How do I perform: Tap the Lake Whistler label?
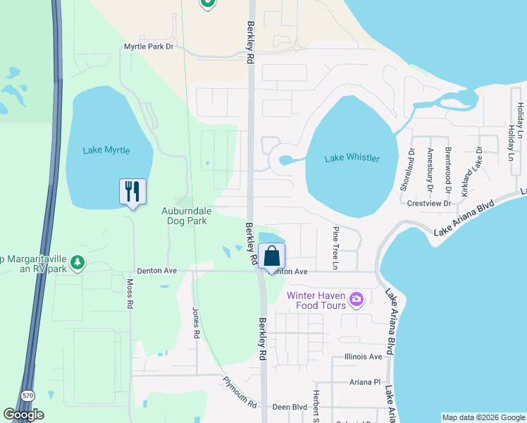(x=352, y=158)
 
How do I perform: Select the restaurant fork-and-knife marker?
(x=132, y=192)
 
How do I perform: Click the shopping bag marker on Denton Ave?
(x=272, y=257)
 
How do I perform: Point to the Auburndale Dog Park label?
(x=194, y=216)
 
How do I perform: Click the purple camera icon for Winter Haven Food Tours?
(x=356, y=300)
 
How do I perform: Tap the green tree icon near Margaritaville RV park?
(x=77, y=263)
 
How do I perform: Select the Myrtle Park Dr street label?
(x=148, y=47)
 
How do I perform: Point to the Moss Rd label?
(x=130, y=295)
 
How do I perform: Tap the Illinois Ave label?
(x=364, y=357)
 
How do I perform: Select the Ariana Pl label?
(x=364, y=381)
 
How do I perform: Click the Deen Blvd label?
(x=290, y=407)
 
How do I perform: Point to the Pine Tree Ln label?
(x=336, y=248)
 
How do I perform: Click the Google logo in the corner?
(x=23, y=415)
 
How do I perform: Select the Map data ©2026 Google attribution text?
(x=483, y=417)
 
